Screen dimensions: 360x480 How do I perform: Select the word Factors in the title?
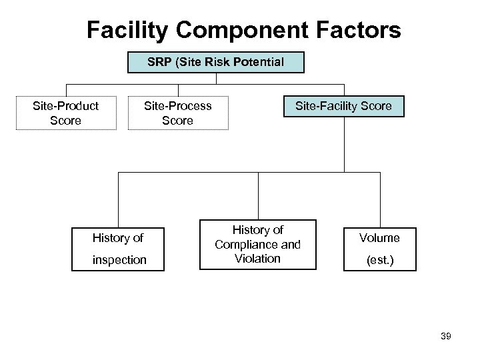click(360, 29)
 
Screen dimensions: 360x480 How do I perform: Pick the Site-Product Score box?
click(66, 113)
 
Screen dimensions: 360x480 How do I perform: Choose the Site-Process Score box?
click(178, 113)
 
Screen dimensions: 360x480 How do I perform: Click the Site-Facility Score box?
click(344, 106)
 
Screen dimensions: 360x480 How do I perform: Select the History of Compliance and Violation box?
click(258, 244)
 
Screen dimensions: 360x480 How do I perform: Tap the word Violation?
click(258, 259)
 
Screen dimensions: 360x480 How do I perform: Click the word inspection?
click(119, 259)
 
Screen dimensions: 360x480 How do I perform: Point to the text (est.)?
click(379, 259)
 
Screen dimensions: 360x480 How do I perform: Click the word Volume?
click(379, 237)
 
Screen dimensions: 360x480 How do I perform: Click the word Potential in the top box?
click(256, 63)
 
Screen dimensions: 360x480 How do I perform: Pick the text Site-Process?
click(178, 105)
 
